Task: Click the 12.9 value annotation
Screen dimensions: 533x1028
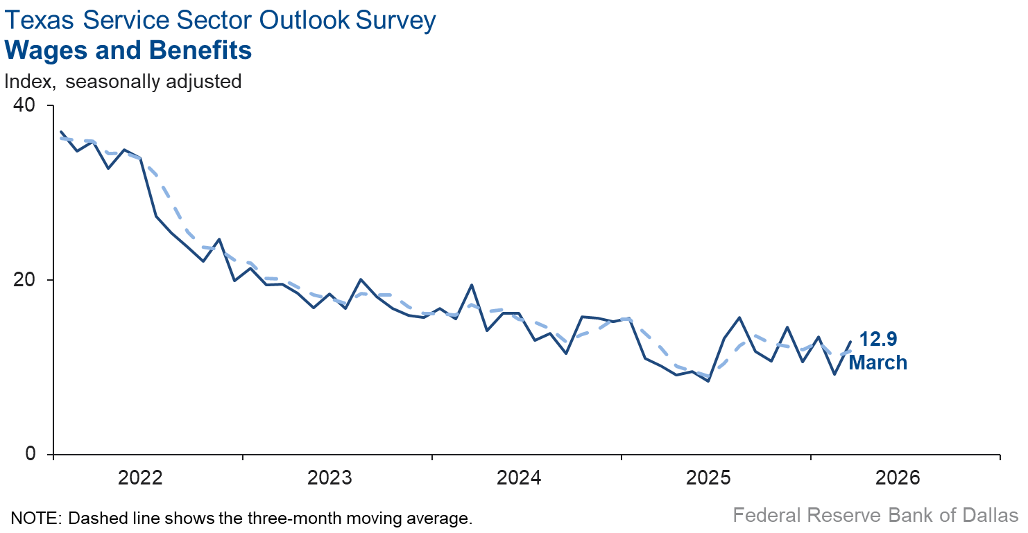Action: point(878,339)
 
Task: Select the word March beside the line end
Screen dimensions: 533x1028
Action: point(878,362)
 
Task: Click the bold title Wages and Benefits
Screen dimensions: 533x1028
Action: point(128,51)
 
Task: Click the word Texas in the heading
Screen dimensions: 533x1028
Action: point(37,20)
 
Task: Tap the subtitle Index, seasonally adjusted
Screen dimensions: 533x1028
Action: point(123,81)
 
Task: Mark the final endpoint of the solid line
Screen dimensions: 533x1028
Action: point(850,342)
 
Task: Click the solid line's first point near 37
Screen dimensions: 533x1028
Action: point(61,132)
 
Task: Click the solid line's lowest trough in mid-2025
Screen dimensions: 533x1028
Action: point(708,381)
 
